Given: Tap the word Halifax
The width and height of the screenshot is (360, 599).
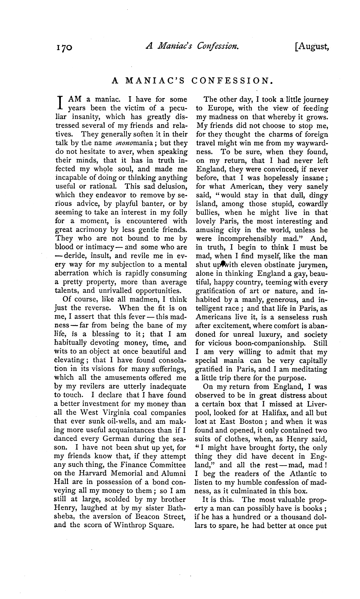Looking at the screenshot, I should pos(280,413).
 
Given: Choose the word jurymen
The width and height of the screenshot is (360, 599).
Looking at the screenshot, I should pos(312,265).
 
